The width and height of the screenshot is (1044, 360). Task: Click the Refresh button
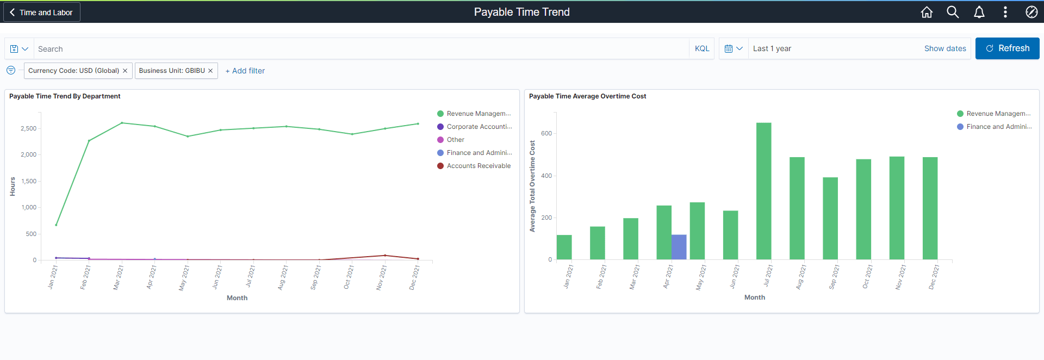[x=1007, y=48]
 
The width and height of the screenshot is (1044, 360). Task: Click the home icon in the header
[x=927, y=12]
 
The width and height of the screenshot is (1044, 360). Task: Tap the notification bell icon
[x=979, y=12]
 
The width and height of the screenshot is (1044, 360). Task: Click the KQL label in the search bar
[x=701, y=48]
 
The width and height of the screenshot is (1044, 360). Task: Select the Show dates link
[x=945, y=48]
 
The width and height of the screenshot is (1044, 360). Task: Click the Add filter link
[x=245, y=71]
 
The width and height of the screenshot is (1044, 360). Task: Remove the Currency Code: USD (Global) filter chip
[x=125, y=71]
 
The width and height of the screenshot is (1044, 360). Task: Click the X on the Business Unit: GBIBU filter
[x=210, y=71]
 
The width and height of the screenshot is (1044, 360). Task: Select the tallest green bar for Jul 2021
[x=763, y=190]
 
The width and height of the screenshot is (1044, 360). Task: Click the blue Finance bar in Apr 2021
[x=679, y=247]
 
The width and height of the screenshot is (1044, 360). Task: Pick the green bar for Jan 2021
[x=564, y=247]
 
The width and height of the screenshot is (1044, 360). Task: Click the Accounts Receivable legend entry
[x=478, y=166]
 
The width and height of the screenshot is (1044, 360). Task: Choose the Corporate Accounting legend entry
[x=478, y=127]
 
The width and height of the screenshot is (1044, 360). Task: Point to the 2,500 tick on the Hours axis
[x=29, y=128]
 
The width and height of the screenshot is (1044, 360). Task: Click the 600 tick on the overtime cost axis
[x=546, y=133]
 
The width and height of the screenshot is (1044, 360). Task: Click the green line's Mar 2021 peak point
[x=122, y=123]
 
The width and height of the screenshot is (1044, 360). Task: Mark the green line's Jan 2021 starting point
[x=56, y=225]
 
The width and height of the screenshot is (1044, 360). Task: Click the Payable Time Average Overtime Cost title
[x=587, y=96]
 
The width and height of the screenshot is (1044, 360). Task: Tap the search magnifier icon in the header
[x=953, y=12]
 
